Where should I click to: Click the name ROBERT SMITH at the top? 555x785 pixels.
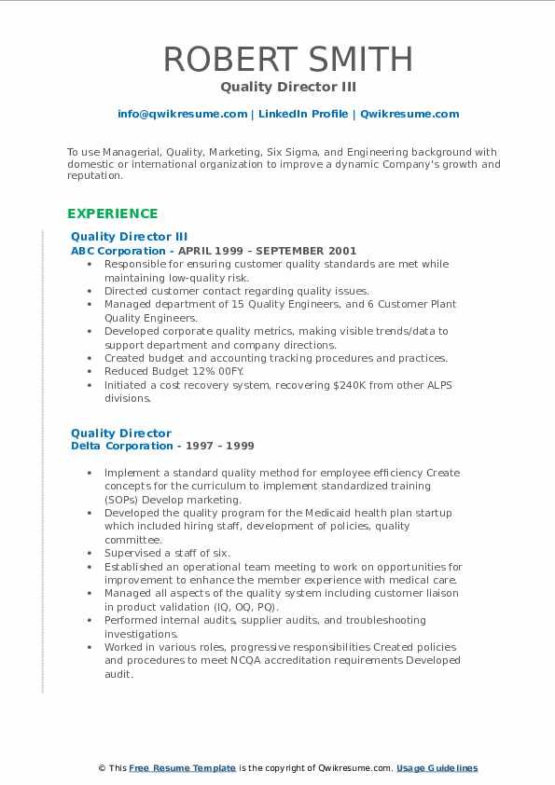287,59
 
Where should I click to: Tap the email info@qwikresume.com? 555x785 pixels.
182,114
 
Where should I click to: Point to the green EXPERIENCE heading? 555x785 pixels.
112,213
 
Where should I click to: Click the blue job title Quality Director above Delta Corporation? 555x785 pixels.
121,433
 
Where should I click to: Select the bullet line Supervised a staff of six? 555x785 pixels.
167,553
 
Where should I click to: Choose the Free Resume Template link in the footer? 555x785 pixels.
182,768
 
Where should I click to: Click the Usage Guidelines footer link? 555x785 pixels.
437,768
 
